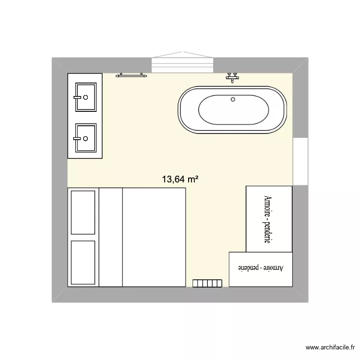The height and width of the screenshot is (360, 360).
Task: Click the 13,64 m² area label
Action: coord(180,180)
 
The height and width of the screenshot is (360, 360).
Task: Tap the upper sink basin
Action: coord(85,97)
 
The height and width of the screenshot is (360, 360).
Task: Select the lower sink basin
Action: coord(85,138)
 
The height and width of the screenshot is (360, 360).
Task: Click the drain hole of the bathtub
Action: coord(233,100)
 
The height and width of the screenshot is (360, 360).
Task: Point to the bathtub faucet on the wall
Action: coord(233,76)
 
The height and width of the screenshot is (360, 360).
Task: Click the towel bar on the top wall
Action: coord(132,75)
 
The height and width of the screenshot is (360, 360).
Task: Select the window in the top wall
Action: coord(182,64)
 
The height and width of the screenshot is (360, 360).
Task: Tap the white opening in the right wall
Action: coord(300,161)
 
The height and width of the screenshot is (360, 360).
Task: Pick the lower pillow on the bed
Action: coord(83,263)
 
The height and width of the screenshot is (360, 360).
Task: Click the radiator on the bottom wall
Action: coord(207,284)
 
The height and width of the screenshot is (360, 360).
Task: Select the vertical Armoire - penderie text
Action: coord(268,219)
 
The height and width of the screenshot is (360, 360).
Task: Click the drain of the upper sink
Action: coord(85,97)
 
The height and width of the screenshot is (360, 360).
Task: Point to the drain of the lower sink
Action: coord(85,138)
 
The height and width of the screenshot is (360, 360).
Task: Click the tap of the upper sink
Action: coord(77,97)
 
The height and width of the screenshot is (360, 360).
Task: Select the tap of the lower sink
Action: coord(77,138)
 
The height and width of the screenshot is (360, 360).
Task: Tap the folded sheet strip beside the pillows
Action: coord(111,237)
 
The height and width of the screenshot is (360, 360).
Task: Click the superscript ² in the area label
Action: coord(196,177)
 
